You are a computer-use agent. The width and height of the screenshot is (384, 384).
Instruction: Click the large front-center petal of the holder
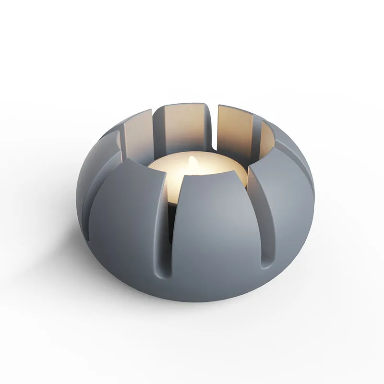coord(211,235)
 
